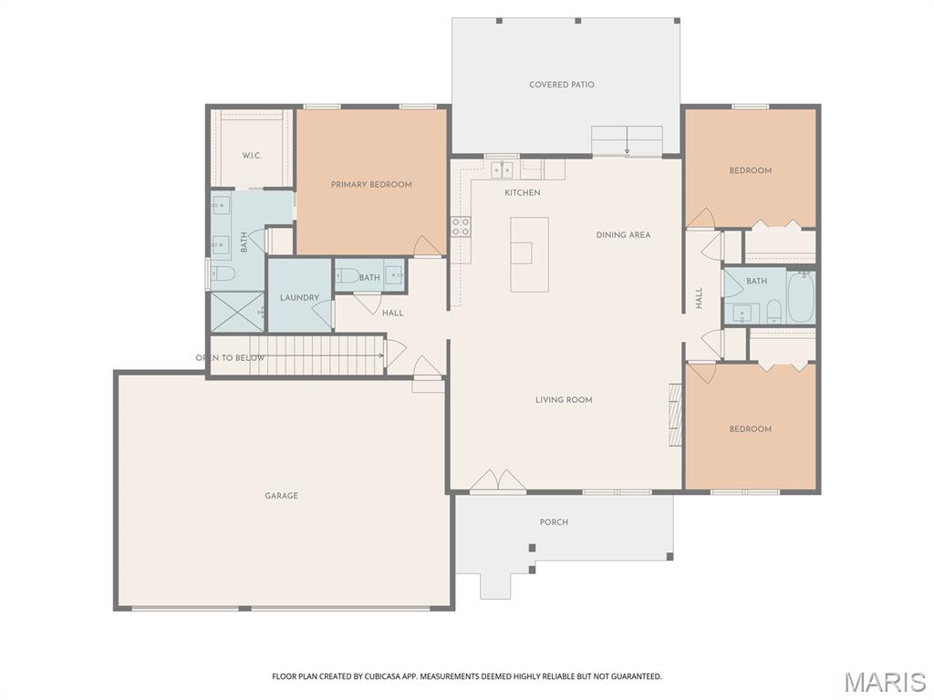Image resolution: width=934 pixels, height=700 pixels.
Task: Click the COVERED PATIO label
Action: point(561,85)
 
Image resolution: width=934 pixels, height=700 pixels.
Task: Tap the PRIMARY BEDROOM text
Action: point(371,184)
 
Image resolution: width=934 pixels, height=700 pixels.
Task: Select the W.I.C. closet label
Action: point(252,156)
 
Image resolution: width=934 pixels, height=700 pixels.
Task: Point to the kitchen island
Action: point(529,253)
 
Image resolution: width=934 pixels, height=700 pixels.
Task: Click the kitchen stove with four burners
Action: point(461,226)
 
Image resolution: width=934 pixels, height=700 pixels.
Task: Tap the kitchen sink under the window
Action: point(502,170)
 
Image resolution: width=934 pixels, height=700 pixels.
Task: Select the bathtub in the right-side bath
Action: point(800,298)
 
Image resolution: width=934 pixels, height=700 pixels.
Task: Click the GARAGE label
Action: point(282,496)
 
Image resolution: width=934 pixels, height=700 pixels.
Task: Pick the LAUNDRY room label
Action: point(299,298)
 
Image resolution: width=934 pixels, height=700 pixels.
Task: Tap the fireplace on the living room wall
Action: point(676,416)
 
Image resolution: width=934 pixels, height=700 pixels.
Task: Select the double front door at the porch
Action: point(498,480)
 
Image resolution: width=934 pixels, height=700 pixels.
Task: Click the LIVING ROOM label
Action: point(564,399)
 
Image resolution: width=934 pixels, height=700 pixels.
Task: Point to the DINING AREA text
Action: point(623,235)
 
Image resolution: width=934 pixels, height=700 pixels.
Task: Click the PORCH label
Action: point(554,522)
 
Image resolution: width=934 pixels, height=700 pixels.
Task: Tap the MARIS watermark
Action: point(885,682)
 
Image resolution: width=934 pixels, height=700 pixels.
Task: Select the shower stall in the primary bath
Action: point(237,311)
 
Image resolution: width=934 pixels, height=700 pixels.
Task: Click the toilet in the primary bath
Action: point(223,273)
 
